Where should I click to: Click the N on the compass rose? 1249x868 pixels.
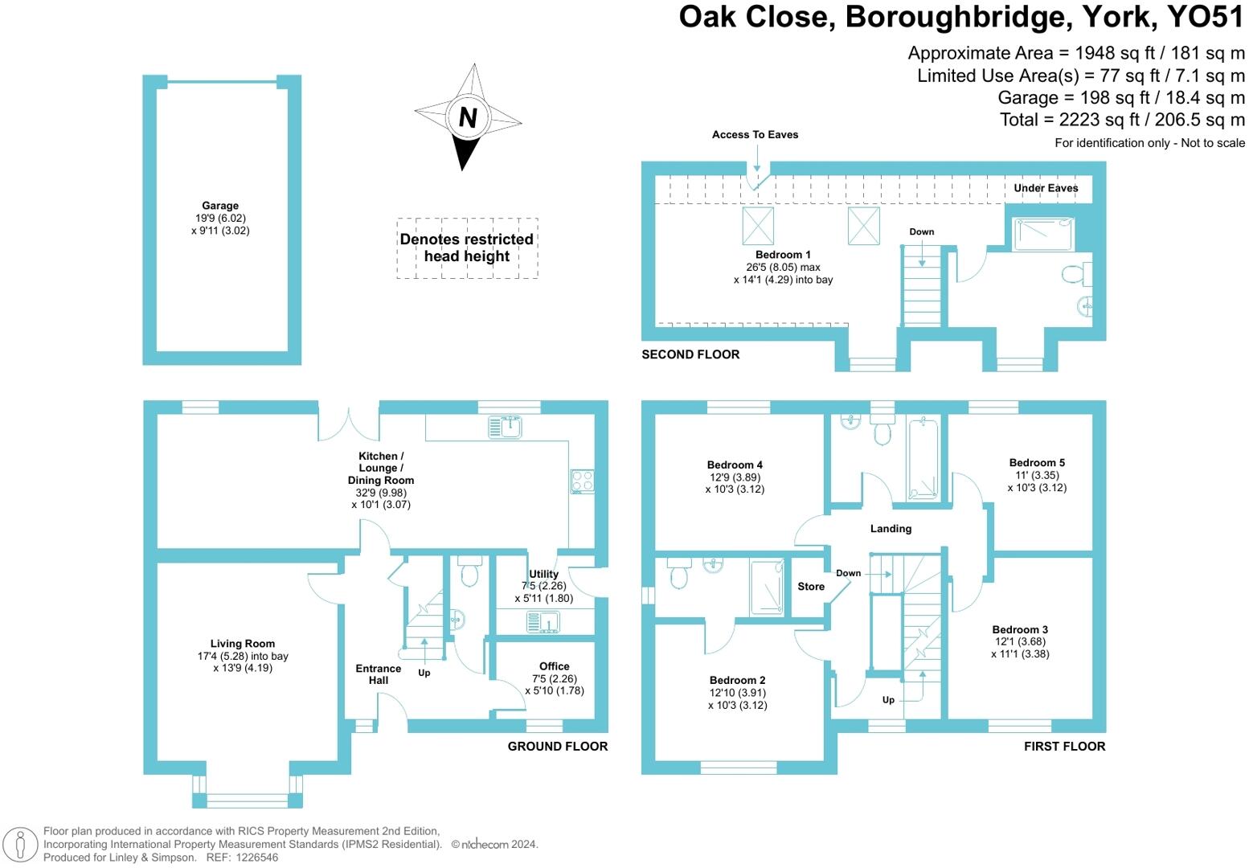468,117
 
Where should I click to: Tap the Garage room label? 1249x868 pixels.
220,206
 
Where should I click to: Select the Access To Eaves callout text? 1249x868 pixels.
755,134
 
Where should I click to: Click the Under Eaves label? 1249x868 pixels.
1046,188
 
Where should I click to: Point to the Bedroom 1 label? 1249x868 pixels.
783,255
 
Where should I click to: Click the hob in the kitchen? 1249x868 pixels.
582,481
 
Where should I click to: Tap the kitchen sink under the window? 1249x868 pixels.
506,427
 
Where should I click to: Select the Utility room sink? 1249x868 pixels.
543,622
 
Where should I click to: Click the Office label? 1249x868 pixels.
555,666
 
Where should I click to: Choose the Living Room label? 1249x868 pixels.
243,643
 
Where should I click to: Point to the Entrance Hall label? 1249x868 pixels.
379,674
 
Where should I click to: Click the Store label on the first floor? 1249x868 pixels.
811,587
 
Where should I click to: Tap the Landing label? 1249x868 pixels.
891,529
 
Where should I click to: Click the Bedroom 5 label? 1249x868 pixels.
1037,463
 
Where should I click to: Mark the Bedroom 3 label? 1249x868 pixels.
1020,629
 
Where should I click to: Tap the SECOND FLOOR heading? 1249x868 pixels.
690,354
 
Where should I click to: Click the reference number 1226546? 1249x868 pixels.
257,858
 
